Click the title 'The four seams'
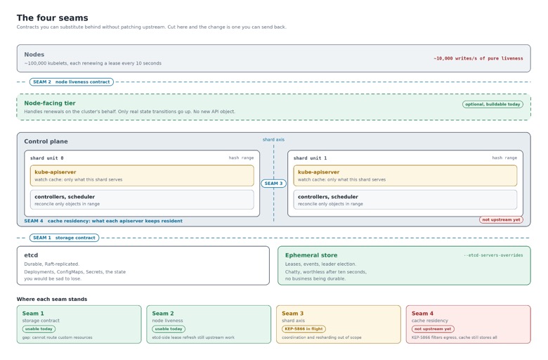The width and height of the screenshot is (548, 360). [53, 18]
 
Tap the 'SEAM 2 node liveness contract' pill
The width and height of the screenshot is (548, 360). [72, 82]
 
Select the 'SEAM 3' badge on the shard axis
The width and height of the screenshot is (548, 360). [274, 184]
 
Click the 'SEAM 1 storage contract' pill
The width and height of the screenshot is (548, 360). [65, 238]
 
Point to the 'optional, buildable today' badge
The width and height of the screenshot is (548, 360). [492, 104]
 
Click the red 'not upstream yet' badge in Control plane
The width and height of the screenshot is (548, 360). [501, 219]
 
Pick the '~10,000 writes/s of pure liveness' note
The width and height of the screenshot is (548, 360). [478, 58]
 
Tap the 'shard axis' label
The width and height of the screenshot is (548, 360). [274, 140]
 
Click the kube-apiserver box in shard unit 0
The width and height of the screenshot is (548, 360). [142, 176]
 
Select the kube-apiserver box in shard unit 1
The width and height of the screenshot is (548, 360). [405, 176]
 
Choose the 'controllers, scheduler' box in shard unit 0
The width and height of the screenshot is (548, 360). [142, 200]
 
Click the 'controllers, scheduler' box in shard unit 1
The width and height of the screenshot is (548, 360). [405, 200]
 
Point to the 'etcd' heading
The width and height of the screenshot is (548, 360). [31, 255]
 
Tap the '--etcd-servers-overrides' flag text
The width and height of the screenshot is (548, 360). [493, 255]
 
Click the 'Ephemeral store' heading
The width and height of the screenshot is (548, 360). [311, 255]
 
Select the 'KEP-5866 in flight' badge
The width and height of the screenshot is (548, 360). [304, 329]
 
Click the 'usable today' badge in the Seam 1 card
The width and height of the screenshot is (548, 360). [39, 329]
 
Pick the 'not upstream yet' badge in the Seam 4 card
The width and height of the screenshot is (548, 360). [433, 329]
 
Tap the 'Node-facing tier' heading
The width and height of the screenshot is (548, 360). [50, 103]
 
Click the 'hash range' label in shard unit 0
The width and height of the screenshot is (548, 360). [241, 158]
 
